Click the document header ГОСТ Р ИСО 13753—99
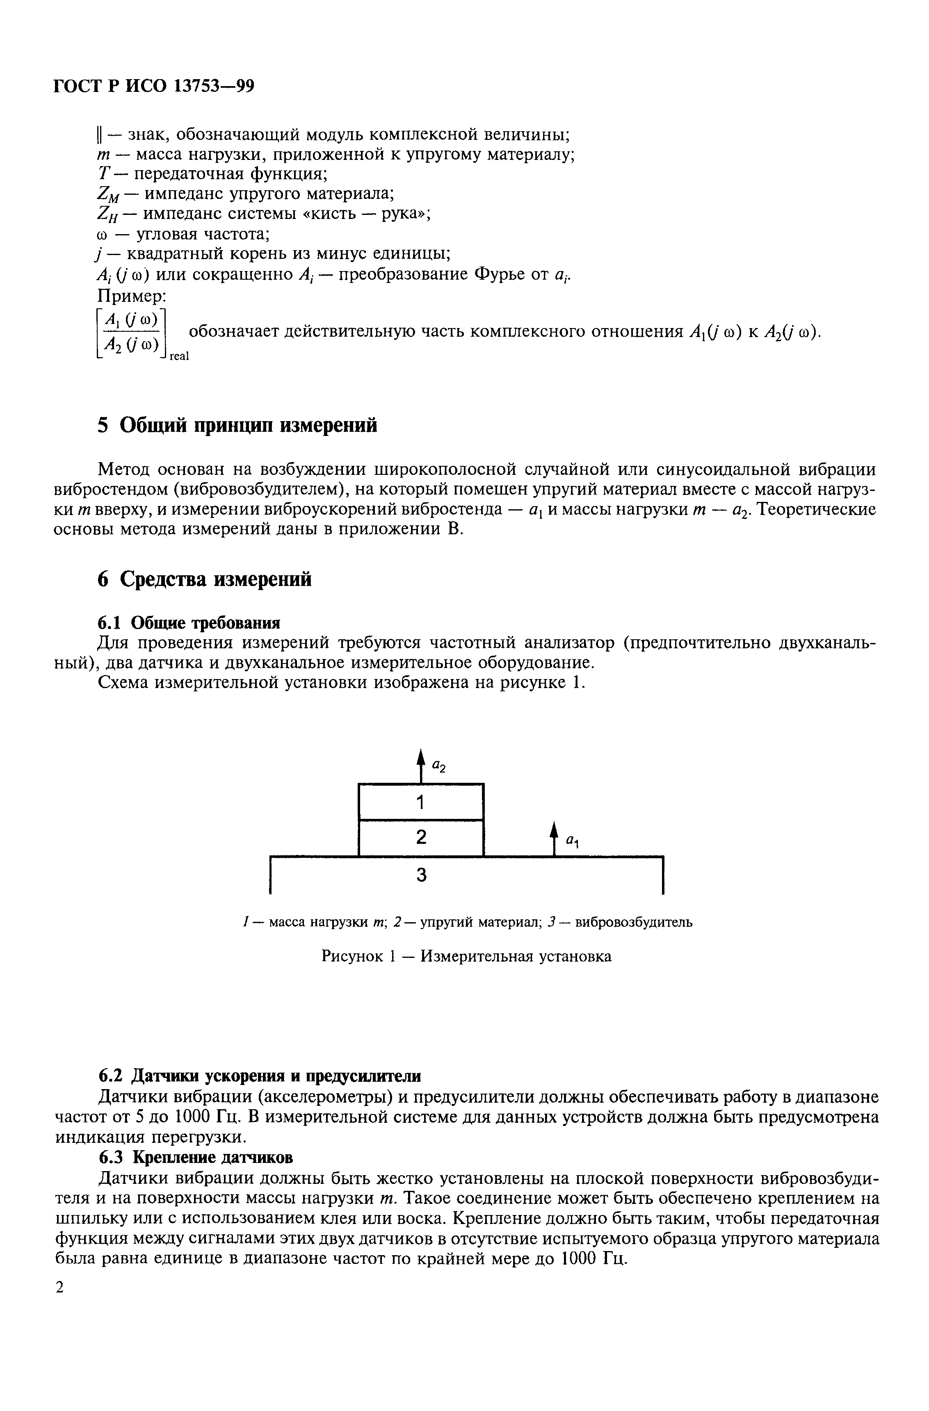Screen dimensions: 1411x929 [153, 87]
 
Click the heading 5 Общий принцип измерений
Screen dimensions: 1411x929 [237, 425]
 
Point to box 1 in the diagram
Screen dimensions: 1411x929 [421, 802]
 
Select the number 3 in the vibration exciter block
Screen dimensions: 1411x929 [422, 875]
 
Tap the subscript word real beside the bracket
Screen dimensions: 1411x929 [179, 356]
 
